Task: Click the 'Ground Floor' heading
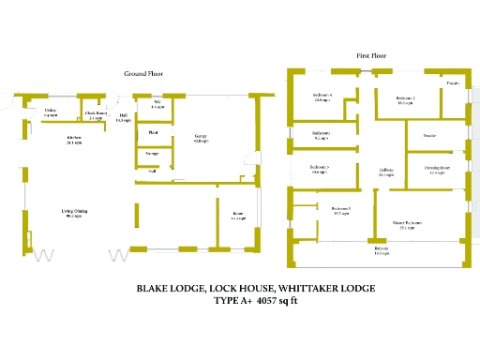coord(144,73)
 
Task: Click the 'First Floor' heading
coord(373,56)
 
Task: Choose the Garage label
coord(201,137)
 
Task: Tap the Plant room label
coord(153,132)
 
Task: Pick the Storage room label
coord(152,153)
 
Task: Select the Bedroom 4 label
coord(322,97)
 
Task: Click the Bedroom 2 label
coord(405,100)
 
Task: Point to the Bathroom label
coord(321,135)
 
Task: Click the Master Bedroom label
coord(407,224)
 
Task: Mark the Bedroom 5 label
coord(340,211)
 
